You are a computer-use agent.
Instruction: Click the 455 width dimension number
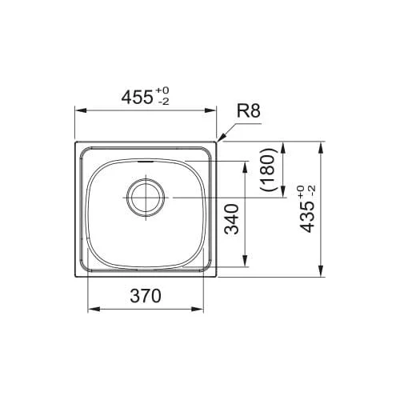[137, 97]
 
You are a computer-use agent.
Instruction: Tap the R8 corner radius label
[248, 111]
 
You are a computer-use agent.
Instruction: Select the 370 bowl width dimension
[146, 296]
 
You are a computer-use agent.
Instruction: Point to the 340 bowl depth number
[231, 219]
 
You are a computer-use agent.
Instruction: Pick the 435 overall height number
[306, 217]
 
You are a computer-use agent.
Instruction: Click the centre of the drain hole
[146, 198]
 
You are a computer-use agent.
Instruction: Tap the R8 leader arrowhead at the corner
[221, 138]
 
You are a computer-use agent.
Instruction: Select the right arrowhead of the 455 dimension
[210, 110]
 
